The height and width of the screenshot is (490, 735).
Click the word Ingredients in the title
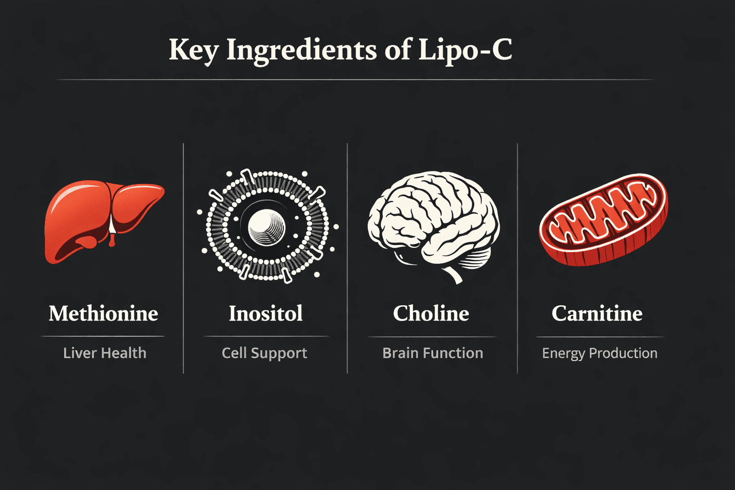pyautogui.click(x=302, y=51)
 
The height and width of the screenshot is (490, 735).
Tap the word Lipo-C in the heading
pyautogui.click(x=465, y=51)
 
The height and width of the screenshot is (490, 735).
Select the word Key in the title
pyautogui.click(x=194, y=51)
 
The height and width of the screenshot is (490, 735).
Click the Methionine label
pyautogui.click(x=103, y=313)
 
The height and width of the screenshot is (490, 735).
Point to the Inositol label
pyautogui.click(x=266, y=313)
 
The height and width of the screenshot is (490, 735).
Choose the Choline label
pyautogui.click(x=431, y=313)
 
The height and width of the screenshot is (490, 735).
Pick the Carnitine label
pyautogui.click(x=597, y=313)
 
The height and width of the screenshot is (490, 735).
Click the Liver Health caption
pyautogui.click(x=105, y=353)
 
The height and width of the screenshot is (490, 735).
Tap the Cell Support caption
pyautogui.click(x=265, y=354)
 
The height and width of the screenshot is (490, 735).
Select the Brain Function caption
pyautogui.click(x=433, y=353)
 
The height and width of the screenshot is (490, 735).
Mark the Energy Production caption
pyautogui.click(x=600, y=354)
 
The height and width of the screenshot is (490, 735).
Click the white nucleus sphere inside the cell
pyautogui.click(x=267, y=227)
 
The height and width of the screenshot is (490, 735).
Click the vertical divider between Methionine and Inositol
pyautogui.click(x=183, y=258)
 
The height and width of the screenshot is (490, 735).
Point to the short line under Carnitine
pyautogui.click(x=600, y=337)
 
